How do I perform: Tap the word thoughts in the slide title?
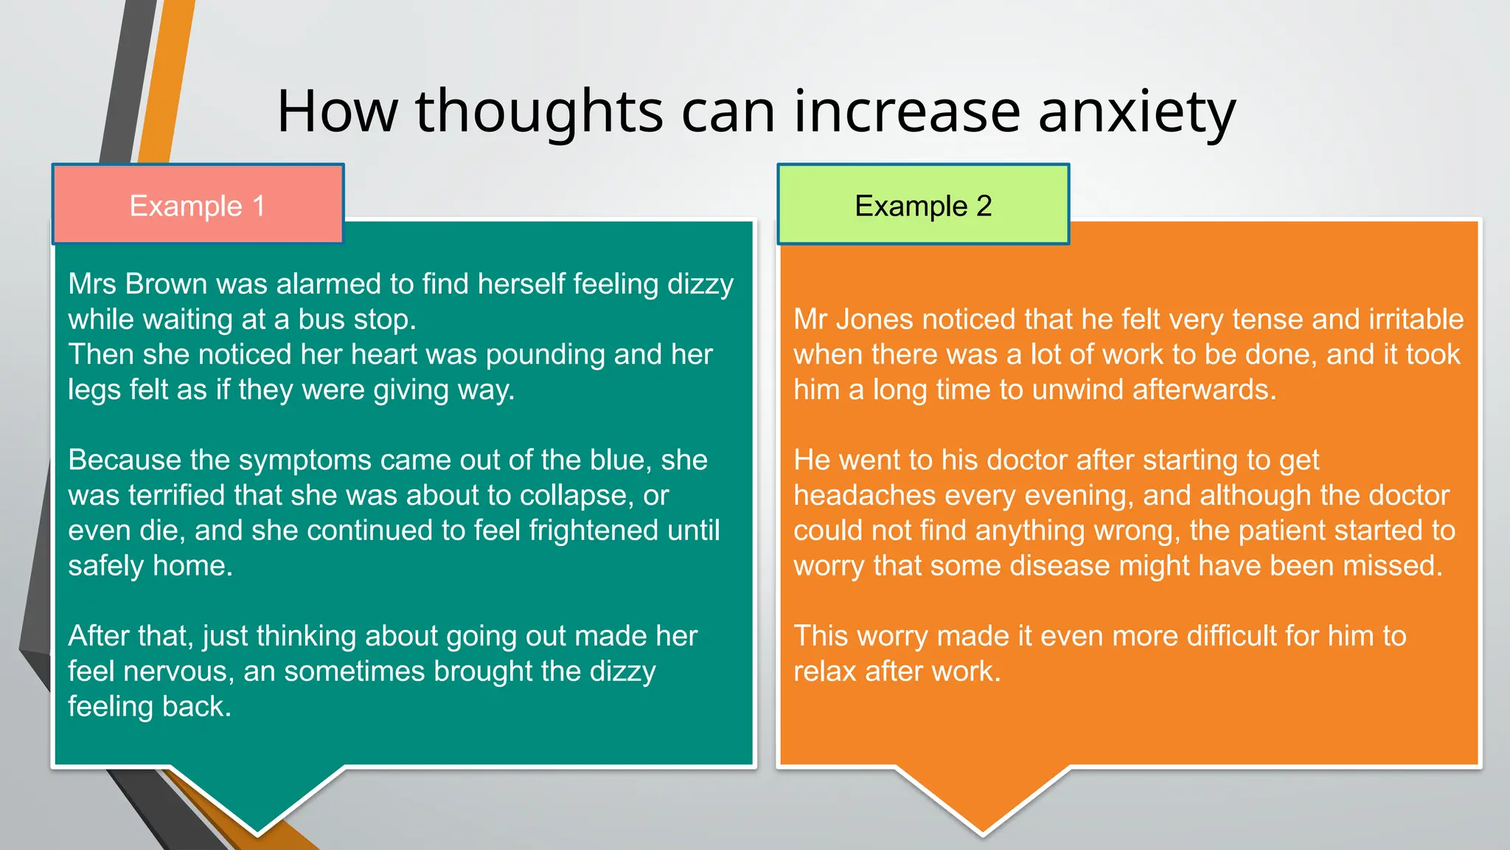(539, 112)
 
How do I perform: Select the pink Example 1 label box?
(198, 204)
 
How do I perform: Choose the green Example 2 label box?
(923, 204)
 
